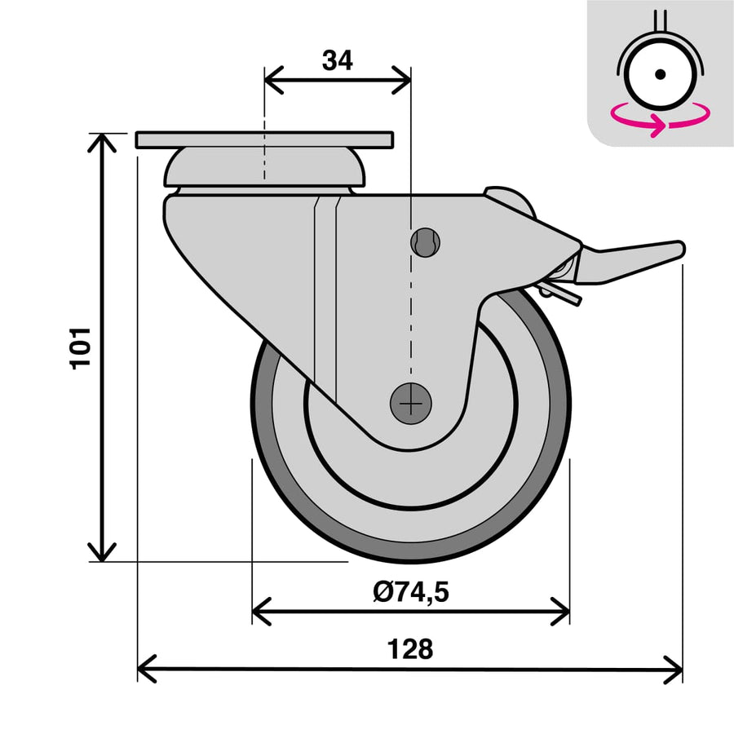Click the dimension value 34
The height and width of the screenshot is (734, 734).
click(x=337, y=60)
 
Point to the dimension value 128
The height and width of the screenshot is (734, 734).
click(x=410, y=650)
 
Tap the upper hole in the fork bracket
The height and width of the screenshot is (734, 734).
click(x=425, y=241)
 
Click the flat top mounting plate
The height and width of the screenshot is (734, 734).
click(x=264, y=140)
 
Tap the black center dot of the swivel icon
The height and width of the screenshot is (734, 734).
click(x=661, y=74)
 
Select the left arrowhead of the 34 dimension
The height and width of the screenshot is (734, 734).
click(x=271, y=81)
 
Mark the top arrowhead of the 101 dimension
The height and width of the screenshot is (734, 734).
click(x=102, y=140)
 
